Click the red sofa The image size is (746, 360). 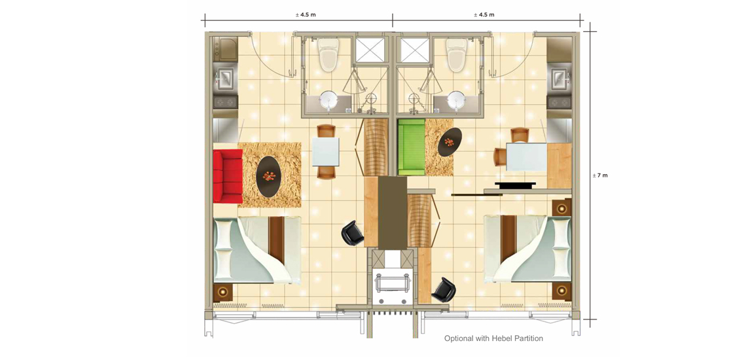(228, 175)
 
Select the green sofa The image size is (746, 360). (411, 147)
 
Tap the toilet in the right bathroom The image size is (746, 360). (455, 54)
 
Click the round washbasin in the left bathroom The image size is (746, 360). (329, 101)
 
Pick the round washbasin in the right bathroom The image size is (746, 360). (456, 101)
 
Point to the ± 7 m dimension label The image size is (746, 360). (600, 175)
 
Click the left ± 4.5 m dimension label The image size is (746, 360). (306, 14)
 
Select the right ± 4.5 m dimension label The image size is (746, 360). (484, 14)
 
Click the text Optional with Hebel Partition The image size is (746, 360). (493, 339)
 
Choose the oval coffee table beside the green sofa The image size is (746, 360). (450, 141)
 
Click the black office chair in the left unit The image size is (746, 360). (353, 234)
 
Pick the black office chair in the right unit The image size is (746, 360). (444, 289)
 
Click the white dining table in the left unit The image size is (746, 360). (326, 151)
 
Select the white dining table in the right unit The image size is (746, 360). (526, 156)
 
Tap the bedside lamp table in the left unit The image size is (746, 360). (222, 292)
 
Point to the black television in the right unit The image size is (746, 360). (516, 184)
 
